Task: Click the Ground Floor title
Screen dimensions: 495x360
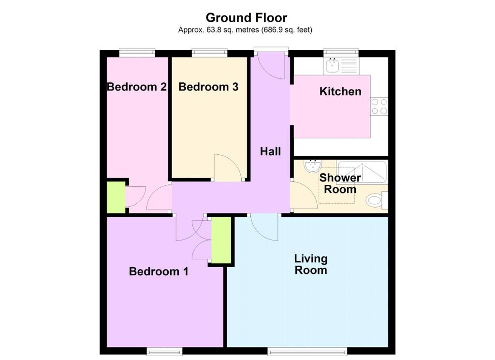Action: (x=246, y=18)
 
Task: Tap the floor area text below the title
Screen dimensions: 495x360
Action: (x=245, y=30)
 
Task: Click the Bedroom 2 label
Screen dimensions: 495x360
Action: (x=137, y=87)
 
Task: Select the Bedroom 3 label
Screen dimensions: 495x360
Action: (x=208, y=87)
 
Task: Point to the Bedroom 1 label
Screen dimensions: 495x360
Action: (x=159, y=271)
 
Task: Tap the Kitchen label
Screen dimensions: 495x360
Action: (x=340, y=91)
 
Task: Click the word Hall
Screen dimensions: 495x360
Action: (x=270, y=151)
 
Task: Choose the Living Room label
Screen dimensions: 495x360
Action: (x=311, y=264)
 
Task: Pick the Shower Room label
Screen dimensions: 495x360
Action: (x=340, y=183)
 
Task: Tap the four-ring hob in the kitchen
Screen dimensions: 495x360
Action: (x=379, y=106)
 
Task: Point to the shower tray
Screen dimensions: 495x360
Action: (x=362, y=172)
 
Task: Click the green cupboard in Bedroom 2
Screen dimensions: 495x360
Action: (x=116, y=197)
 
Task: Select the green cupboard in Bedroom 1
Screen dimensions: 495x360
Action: (x=221, y=240)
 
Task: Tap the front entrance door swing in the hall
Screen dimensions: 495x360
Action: (x=272, y=66)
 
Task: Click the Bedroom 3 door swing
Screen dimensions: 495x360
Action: (x=228, y=168)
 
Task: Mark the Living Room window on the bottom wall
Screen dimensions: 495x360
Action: (x=307, y=351)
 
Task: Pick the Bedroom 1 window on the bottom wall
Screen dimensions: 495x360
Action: (x=164, y=351)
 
